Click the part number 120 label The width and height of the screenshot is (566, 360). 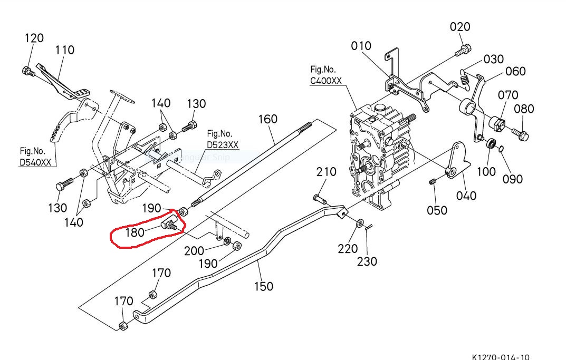pyautogui.click(x=34, y=38)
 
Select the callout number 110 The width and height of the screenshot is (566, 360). pyautogui.click(x=64, y=50)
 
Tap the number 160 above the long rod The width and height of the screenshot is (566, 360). pyautogui.click(x=267, y=119)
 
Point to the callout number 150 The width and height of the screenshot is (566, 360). pyautogui.click(x=263, y=286)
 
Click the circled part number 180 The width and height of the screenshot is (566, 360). pyautogui.click(x=135, y=232)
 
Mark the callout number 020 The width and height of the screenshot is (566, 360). pyautogui.click(x=461, y=27)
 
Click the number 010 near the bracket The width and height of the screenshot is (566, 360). pyautogui.click(x=361, y=46)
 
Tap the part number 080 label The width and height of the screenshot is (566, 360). pyautogui.click(x=524, y=109)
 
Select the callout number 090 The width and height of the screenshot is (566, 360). pyautogui.click(x=512, y=179)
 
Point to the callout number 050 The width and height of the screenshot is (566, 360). pyautogui.click(x=437, y=210)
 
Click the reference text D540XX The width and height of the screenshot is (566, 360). pyautogui.click(x=36, y=162)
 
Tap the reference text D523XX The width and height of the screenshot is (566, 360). pyautogui.click(x=223, y=145)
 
